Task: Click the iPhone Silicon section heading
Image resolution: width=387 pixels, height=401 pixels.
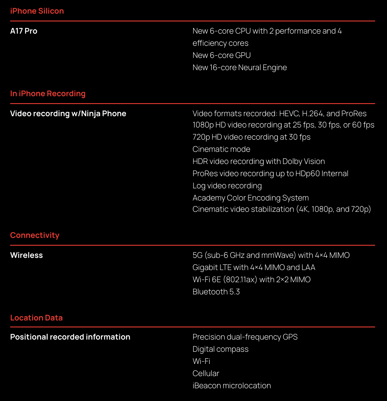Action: click(x=37, y=11)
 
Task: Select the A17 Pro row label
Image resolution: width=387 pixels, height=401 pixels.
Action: click(x=24, y=31)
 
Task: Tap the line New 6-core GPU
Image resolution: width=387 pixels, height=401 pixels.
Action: click(x=222, y=55)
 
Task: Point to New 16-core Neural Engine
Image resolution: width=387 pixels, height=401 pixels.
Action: click(x=240, y=68)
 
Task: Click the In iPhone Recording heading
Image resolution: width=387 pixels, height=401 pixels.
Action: click(x=48, y=94)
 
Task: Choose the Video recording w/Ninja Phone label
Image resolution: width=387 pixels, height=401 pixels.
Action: click(x=68, y=114)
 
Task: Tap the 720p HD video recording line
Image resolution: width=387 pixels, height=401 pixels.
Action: click(x=251, y=137)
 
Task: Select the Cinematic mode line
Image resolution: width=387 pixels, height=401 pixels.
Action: click(x=221, y=149)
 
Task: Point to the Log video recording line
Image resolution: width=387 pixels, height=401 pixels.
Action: click(x=227, y=186)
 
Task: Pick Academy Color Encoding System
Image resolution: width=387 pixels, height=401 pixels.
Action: click(x=251, y=198)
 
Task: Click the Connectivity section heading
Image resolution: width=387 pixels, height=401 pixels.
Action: click(x=35, y=235)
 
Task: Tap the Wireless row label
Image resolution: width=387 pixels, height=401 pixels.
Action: click(x=26, y=255)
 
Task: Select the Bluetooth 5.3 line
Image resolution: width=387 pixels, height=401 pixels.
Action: click(x=216, y=292)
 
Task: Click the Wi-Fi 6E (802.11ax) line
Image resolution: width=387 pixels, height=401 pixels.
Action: click(x=251, y=280)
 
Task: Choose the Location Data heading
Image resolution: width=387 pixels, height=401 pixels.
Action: click(x=36, y=318)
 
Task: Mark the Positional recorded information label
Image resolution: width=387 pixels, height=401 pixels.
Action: click(x=70, y=337)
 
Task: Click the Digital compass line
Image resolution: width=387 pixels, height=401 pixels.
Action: click(x=220, y=349)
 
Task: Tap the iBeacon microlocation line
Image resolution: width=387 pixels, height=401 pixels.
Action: click(x=232, y=386)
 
